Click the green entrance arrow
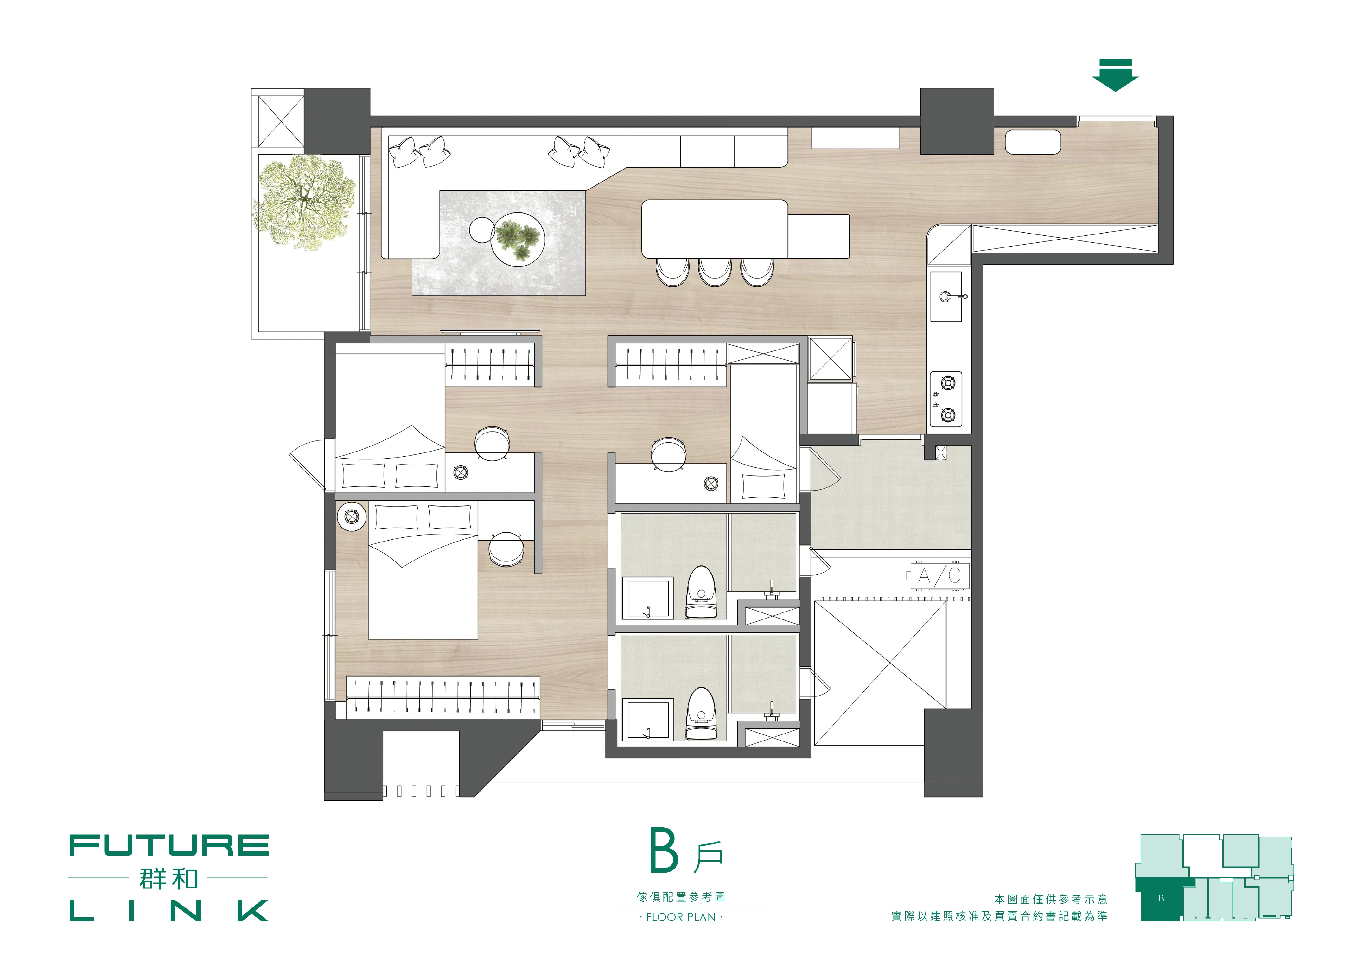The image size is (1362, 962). pos(1115,75)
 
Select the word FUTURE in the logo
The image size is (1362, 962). pos(169,845)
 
